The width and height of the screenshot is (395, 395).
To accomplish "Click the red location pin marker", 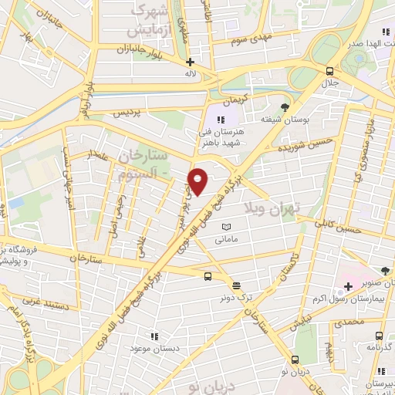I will (199, 181).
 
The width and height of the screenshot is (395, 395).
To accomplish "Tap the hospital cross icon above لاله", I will (190, 62).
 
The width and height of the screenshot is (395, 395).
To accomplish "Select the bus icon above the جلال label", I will (330, 69).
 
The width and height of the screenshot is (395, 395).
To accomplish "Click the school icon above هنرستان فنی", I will (221, 120).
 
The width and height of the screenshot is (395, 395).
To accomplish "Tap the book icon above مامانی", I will (226, 227).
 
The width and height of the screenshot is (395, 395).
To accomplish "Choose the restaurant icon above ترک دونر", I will (235, 283).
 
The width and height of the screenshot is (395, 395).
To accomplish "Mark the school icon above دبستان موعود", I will (154, 336).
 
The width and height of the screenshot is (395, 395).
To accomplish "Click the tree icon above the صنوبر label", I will (384, 270).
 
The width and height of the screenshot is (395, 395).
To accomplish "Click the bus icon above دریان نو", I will (295, 360).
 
